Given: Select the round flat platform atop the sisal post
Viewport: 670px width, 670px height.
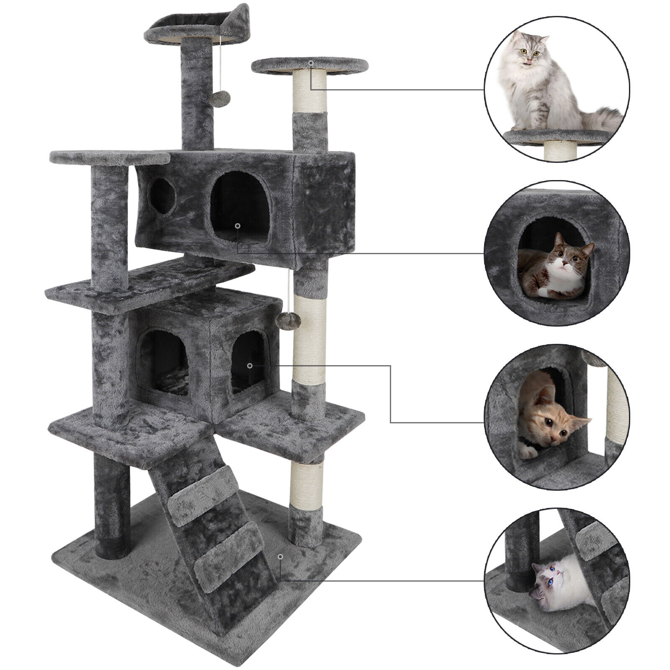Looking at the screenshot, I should [310, 65].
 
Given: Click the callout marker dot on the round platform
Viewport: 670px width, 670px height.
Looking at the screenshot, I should [311, 63].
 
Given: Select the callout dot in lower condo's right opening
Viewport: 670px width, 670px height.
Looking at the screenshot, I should [250, 366].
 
